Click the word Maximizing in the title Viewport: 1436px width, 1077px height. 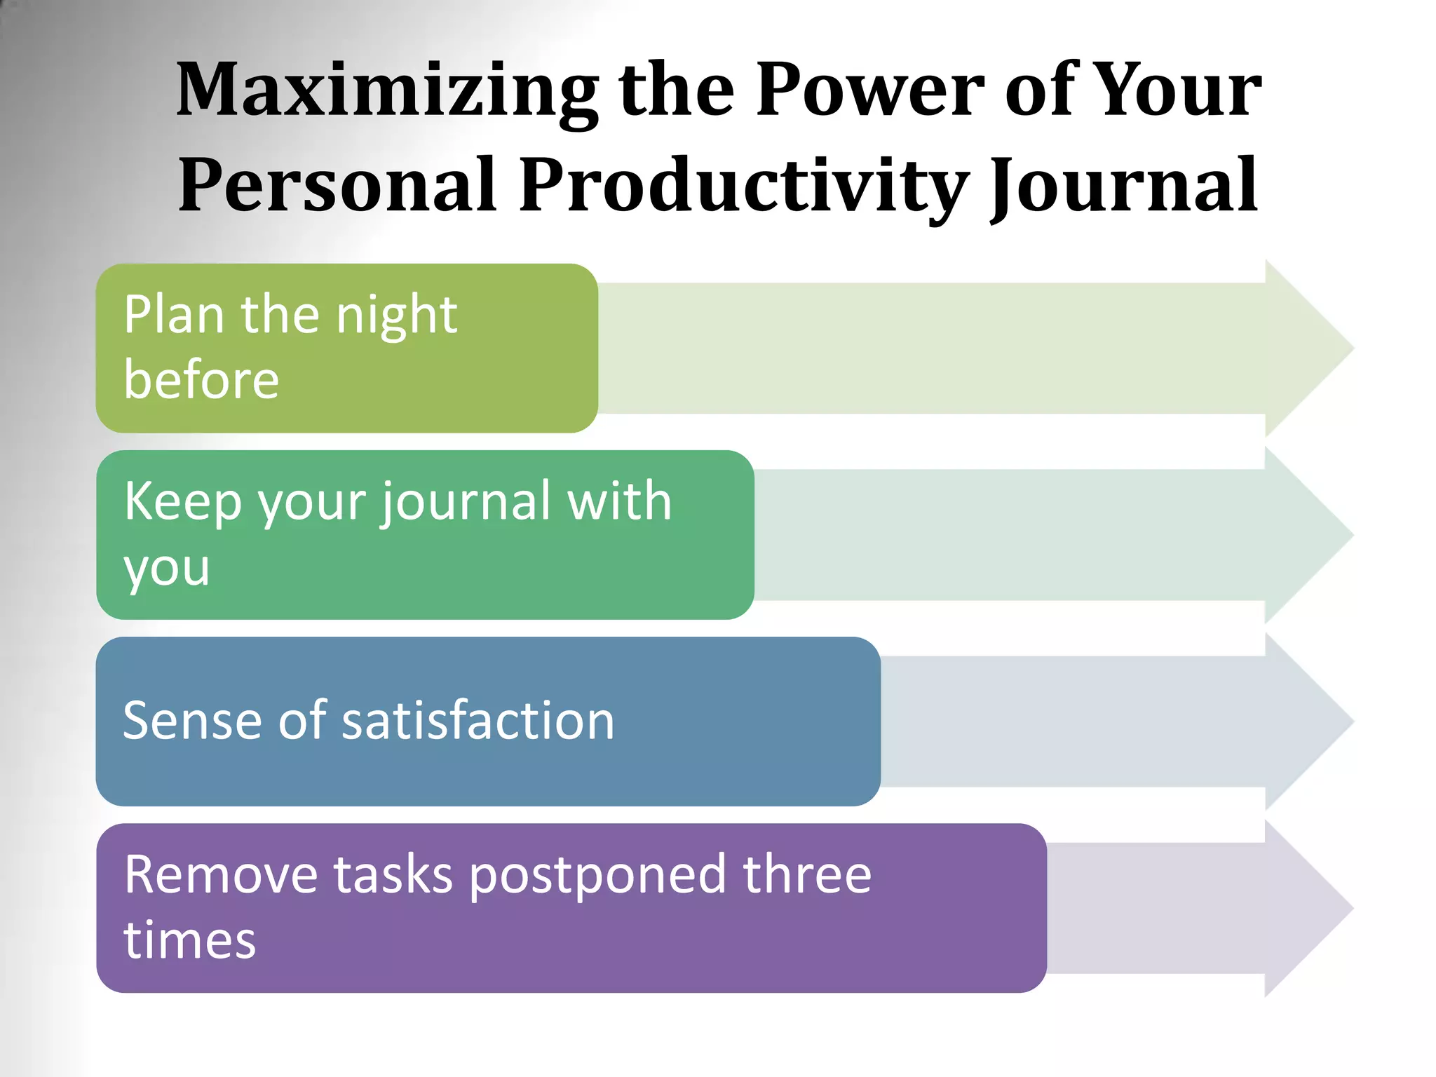point(386,91)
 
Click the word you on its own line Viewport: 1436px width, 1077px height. point(167,568)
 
